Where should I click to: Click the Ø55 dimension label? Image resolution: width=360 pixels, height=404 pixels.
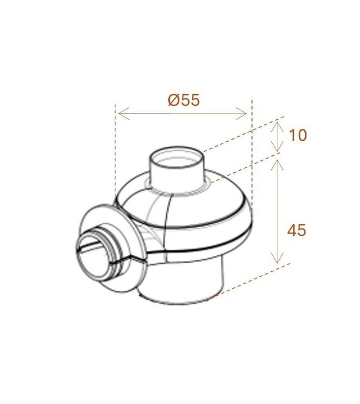[x=184, y=100]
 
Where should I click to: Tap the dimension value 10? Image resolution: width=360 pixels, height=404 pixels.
[x=298, y=135]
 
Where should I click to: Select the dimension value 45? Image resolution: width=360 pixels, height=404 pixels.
[x=296, y=230]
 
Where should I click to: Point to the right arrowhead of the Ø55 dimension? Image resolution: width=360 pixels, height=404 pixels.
[x=241, y=113]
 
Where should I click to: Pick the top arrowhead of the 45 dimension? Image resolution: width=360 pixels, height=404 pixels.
[x=277, y=165]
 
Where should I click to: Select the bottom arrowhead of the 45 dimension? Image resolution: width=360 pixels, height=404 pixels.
[x=277, y=258]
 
